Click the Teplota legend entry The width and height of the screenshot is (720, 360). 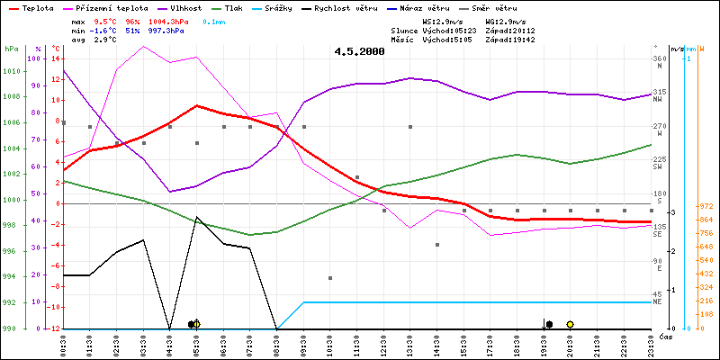click(37, 7)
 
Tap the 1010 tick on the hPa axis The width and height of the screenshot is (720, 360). click(11, 71)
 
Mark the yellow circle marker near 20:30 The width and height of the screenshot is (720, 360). click(570, 324)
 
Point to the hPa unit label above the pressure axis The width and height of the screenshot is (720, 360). click(11, 49)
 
